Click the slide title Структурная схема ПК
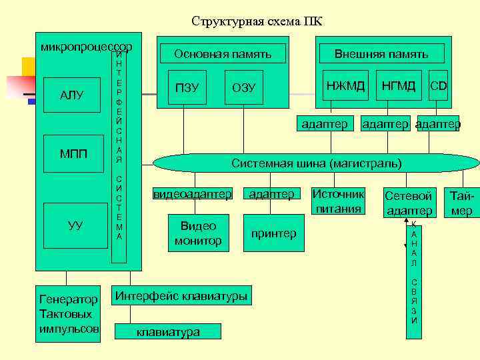click(257, 21)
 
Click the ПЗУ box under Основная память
click(187, 88)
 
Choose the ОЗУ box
click(243, 88)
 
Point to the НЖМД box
click(345, 85)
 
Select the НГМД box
click(399, 85)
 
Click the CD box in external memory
click(438, 85)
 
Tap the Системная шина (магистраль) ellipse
click(316, 163)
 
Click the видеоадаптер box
click(193, 194)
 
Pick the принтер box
click(273, 233)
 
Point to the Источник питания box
click(339, 201)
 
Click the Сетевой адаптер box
click(409, 203)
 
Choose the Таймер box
click(461, 203)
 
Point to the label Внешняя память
click(381, 54)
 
